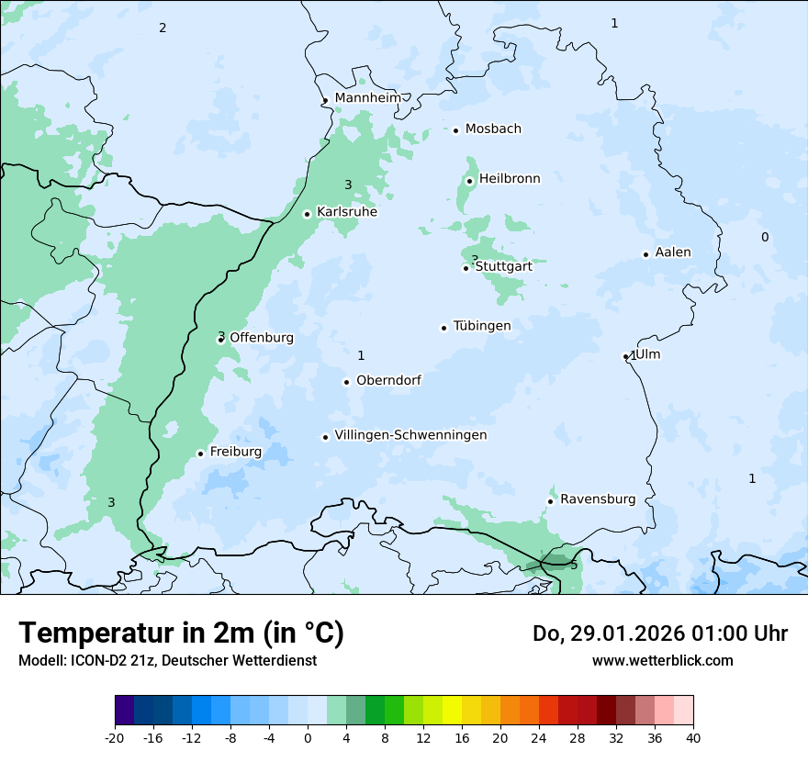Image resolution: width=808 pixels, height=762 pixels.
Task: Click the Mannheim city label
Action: (367, 98)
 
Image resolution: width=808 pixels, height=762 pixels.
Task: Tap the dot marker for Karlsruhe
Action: (308, 214)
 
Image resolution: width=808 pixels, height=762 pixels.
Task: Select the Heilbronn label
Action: (510, 179)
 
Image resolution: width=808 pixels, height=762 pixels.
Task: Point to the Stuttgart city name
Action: (503, 267)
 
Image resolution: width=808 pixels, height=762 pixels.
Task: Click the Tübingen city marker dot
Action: (444, 328)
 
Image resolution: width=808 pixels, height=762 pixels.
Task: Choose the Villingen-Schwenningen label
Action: (410, 435)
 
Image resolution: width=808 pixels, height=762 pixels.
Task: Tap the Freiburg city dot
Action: (200, 454)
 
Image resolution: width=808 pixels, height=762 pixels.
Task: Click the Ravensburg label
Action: (598, 499)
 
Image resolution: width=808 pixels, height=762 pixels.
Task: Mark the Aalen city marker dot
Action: (646, 254)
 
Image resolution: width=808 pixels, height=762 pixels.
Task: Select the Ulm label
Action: (648, 354)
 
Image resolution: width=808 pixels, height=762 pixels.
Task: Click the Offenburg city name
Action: (262, 338)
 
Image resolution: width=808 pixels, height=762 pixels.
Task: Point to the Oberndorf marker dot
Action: (347, 382)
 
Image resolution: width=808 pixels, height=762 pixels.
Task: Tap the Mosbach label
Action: (493, 129)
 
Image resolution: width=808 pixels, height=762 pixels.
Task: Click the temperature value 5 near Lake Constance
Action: (574, 566)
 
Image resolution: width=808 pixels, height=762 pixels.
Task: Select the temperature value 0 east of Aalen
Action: (765, 238)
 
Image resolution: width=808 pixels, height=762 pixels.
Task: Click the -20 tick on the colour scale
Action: (115, 738)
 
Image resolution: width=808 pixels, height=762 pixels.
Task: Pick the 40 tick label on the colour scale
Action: (693, 738)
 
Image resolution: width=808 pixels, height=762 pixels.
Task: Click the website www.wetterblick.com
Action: (662, 661)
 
